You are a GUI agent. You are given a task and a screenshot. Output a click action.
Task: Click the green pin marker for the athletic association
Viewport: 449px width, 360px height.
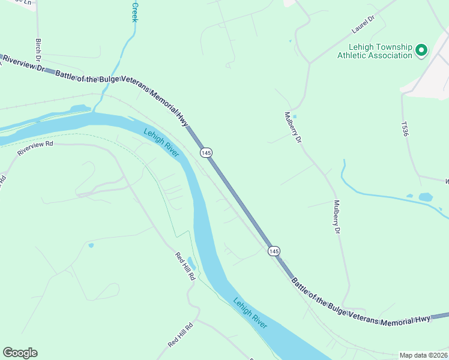(x=421, y=50)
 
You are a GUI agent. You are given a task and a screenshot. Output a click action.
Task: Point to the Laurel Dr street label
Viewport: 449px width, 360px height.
(x=363, y=24)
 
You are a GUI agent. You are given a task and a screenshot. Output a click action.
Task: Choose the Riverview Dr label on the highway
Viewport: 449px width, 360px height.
(x=24, y=64)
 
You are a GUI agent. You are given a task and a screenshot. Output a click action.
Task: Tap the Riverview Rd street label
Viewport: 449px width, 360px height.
(x=35, y=148)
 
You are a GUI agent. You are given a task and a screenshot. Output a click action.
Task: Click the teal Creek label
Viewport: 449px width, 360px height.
(x=134, y=12)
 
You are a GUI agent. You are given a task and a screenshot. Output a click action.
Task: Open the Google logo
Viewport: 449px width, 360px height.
(x=20, y=353)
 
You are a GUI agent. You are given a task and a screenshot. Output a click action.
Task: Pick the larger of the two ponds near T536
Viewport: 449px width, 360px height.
(x=426, y=197)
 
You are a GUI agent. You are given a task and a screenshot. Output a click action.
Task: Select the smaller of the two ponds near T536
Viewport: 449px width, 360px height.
(x=409, y=196)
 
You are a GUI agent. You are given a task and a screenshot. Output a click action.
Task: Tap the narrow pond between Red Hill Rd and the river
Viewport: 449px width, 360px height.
(x=191, y=263)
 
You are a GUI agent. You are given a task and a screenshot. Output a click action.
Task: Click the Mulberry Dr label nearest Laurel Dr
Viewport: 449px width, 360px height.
(x=292, y=127)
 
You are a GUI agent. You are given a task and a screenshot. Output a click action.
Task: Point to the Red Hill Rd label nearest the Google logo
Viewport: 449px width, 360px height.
(x=181, y=335)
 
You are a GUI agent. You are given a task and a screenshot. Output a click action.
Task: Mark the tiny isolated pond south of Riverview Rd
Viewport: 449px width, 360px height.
(x=91, y=245)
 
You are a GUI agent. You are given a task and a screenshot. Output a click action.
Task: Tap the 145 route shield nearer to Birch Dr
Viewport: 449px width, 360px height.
(x=206, y=153)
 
